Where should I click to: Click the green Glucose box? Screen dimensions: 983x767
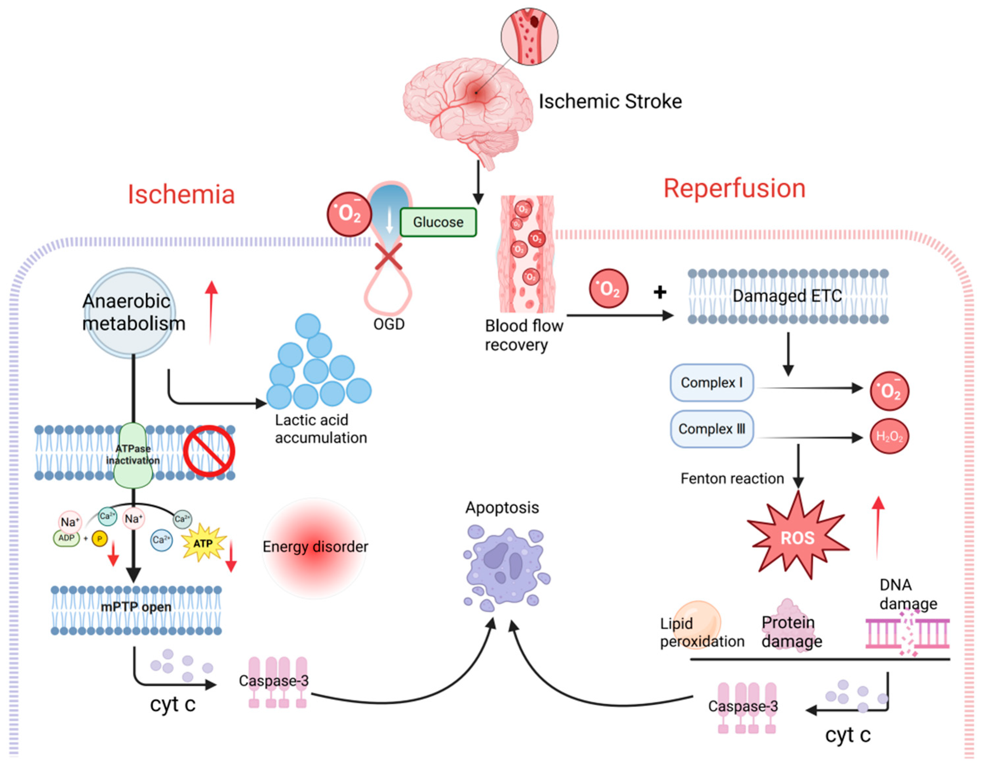coord(438,222)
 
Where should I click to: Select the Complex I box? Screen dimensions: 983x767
coord(712,382)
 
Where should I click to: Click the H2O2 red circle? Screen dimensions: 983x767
coord(889,436)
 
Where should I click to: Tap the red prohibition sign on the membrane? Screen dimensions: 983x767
coord(209,451)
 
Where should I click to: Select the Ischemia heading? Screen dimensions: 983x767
coord(181,194)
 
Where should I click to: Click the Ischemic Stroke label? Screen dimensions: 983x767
coord(610,101)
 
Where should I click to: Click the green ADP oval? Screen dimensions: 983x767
coord(66,538)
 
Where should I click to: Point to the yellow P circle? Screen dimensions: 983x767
coord(99,539)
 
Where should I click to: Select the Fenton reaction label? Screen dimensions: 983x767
coord(732,478)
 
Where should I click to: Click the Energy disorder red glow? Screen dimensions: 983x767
coord(315,548)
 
